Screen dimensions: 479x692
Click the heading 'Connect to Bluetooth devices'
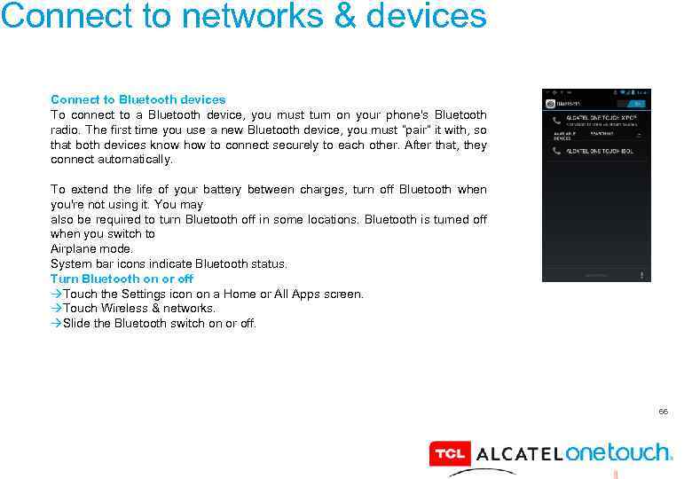point(138,99)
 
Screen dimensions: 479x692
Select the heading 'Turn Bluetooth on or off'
point(122,279)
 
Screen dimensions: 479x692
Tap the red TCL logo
point(450,454)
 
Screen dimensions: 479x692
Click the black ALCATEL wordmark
point(519,454)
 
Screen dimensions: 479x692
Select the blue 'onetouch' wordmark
point(617,452)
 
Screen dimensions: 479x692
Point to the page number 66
point(663,412)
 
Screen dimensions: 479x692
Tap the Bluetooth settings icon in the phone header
point(551,103)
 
